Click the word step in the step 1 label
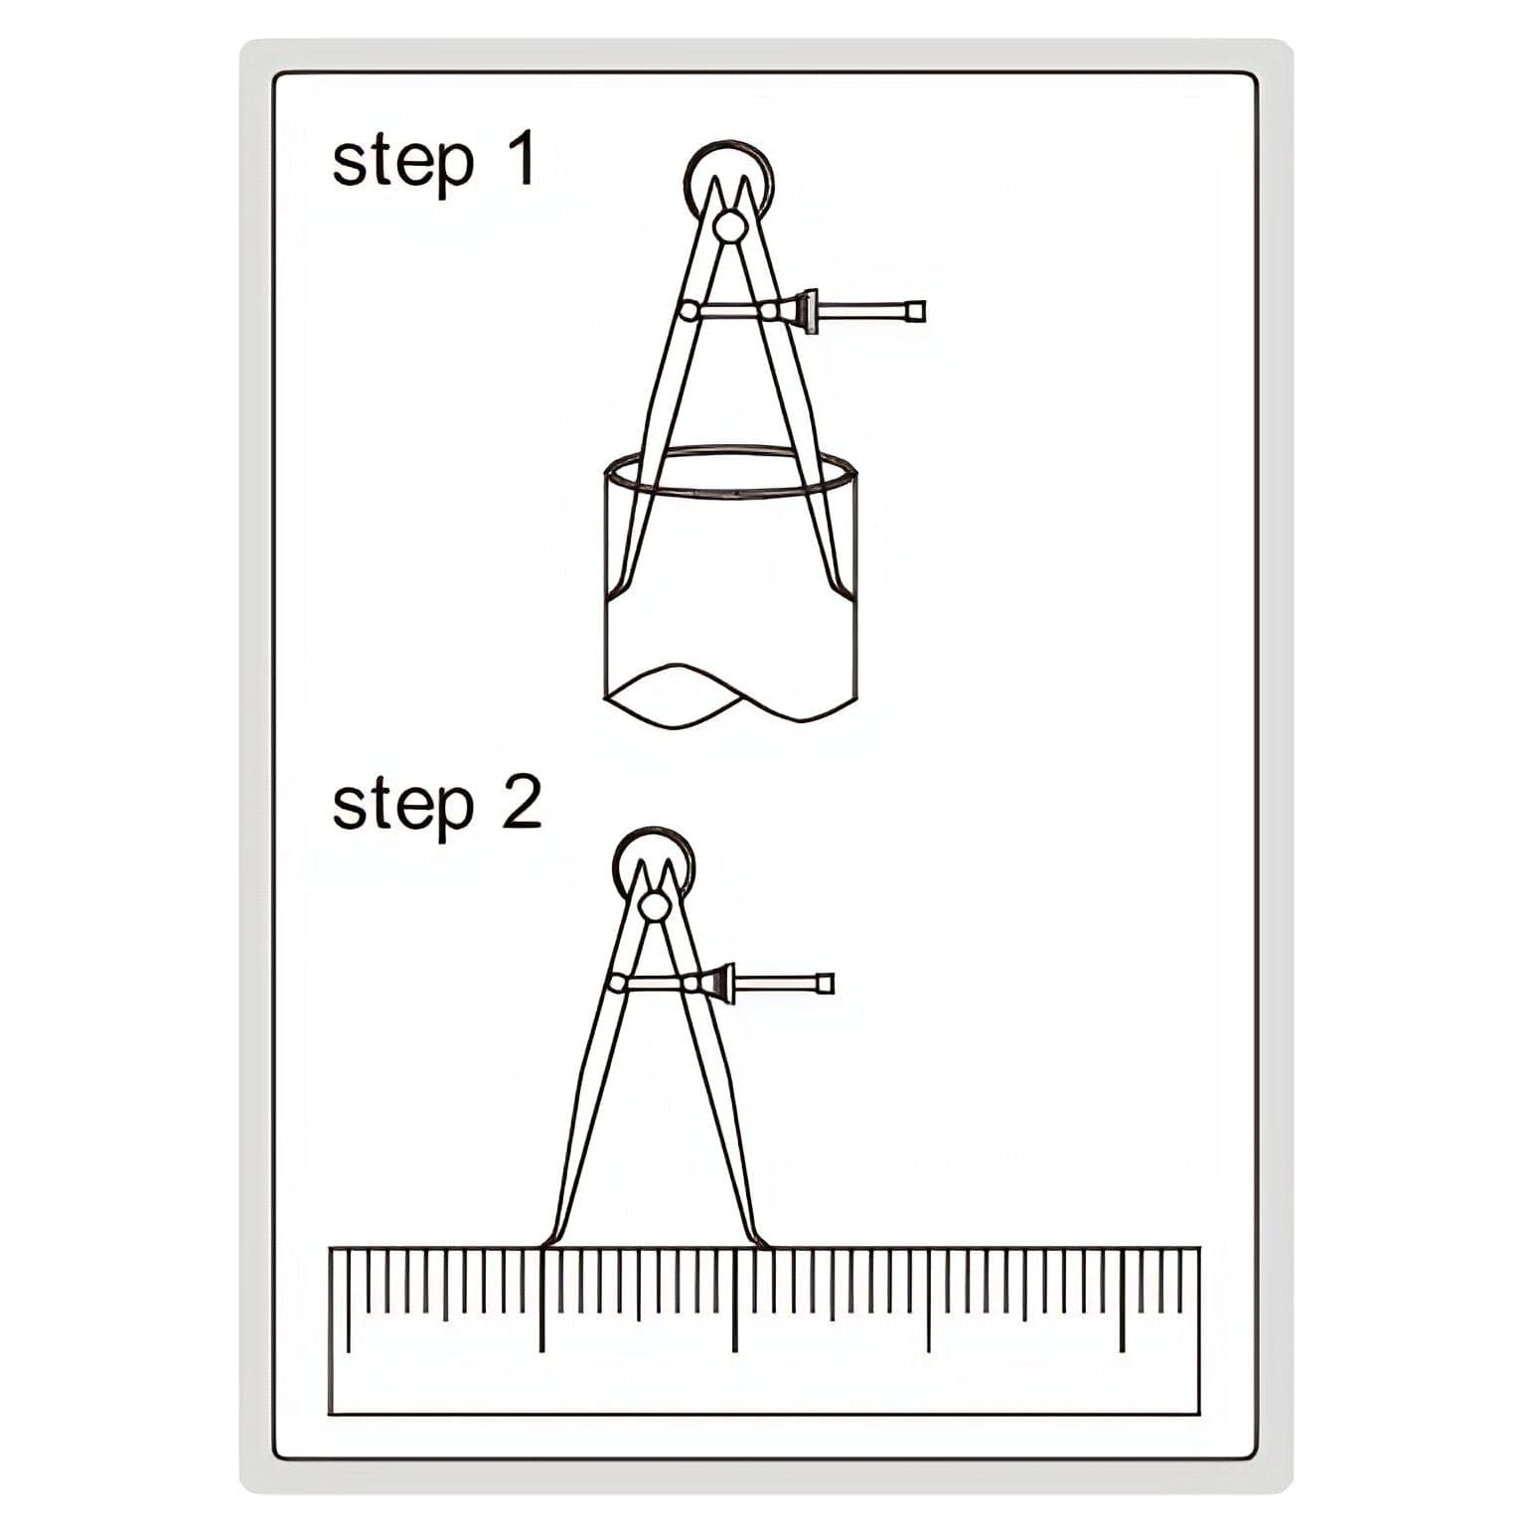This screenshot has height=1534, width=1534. tap(402, 163)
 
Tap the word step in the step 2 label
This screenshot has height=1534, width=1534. tap(402, 807)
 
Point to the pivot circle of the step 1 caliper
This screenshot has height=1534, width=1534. tap(729, 226)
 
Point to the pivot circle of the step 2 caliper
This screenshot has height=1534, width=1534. tap(655, 906)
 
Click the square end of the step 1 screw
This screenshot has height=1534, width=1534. tap(916, 311)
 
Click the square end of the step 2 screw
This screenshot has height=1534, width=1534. tap(825, 984)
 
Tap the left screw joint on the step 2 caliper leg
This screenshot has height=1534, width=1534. tap(616, 984)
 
